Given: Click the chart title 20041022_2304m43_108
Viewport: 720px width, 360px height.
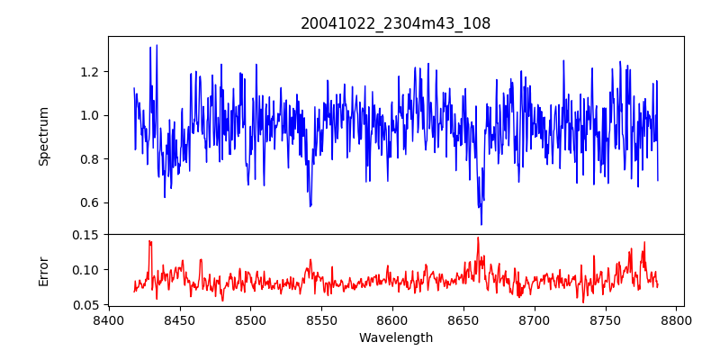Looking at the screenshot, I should [395, 23].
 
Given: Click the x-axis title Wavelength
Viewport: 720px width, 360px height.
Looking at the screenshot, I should [395, 338].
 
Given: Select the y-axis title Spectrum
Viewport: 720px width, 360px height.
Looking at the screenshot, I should [44, 136].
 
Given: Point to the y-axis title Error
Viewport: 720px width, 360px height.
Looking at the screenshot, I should [44, 270].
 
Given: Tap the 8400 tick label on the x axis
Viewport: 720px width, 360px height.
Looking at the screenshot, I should [109, 320].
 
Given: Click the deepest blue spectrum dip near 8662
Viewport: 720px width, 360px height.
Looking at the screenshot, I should [481, 224].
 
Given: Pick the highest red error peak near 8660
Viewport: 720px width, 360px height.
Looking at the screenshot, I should [478, 238].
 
